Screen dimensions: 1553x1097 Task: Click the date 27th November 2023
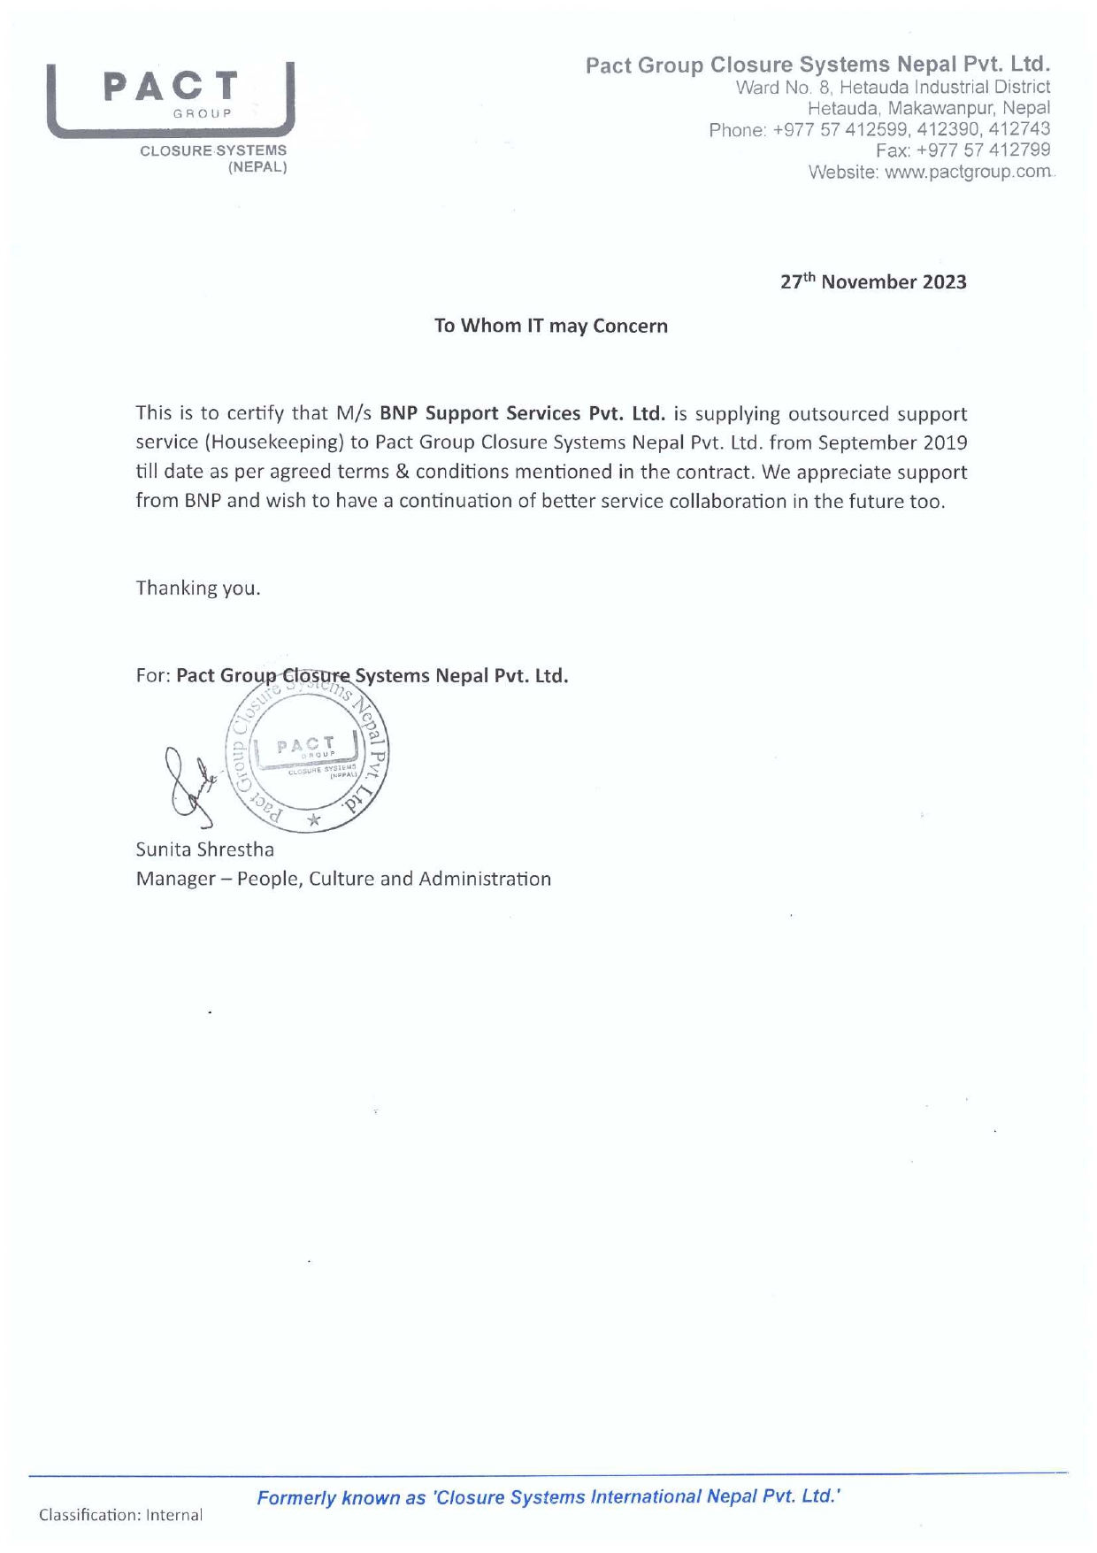pyautogui.click(x=873, y=282)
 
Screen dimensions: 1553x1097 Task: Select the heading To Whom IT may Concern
pyautogui.click(x=550, y=326)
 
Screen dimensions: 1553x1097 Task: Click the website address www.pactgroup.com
pyautogui.click(x=968, y=172)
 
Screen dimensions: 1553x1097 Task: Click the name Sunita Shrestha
pyautogui.click(x=204, y=850)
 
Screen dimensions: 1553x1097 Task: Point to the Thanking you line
pyautogui.click(x=198, y=588)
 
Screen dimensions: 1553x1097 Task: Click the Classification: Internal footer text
pyautogui.click(x=120, y=1515)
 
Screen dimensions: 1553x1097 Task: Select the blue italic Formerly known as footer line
pyautogui.click(x=548, y=1497)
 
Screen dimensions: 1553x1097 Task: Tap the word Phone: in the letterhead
pyautogui.click(x=737, y=130)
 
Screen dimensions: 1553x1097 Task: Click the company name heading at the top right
pyautogui.click(x=817, y=65)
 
